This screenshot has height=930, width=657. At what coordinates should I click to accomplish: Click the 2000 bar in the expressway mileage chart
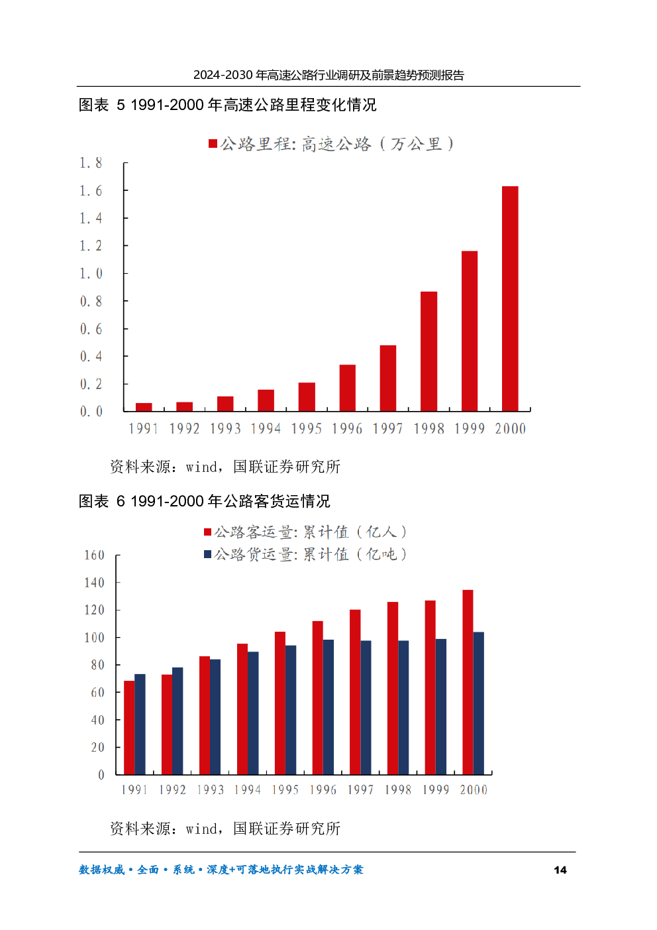pos(510,298)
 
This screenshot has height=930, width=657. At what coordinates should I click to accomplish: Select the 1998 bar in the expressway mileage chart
pos(429,351)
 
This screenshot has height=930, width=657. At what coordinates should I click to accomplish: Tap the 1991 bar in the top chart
pos(144,407)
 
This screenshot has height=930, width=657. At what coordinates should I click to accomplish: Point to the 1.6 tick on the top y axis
pos(91,191)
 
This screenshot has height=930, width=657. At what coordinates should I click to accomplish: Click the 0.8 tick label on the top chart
pos(91,302)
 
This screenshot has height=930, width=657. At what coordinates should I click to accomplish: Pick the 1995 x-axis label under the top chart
pos(307,429)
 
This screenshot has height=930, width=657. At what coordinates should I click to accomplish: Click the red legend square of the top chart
pos(213,144)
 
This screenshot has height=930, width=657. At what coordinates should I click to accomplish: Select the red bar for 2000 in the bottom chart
pos(468,682)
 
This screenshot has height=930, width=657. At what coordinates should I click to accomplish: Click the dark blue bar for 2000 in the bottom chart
pos(479,703)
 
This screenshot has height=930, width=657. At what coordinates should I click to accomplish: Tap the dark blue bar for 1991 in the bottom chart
pos(140,725)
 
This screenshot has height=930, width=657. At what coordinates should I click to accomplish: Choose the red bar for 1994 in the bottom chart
pos(242,709)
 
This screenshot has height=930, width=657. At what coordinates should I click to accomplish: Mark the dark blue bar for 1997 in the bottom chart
pos(366,707)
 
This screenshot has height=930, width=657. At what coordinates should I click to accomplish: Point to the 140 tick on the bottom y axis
pos(94,583)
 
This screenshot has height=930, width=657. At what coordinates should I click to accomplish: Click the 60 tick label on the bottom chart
pos(97,693)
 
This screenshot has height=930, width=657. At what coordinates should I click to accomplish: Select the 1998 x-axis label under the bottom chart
pos(398,789)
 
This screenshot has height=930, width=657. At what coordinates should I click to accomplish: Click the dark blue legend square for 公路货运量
pos(208,554)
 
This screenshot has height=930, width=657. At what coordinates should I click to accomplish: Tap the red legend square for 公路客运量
pos(208,532)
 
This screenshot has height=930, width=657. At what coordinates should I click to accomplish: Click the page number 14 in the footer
pos(560,870)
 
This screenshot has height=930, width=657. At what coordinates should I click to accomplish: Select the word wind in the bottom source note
pos(201,829)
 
